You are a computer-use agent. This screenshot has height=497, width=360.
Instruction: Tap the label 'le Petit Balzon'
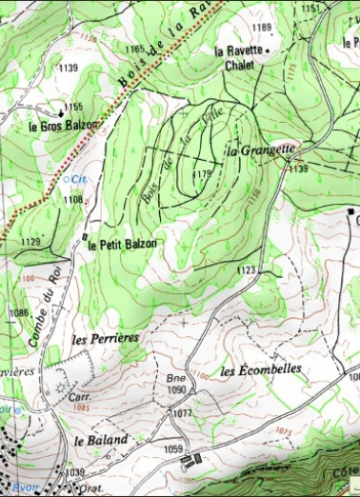122,244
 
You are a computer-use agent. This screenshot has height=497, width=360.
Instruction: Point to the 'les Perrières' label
106,338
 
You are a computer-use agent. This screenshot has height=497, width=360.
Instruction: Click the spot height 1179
200,174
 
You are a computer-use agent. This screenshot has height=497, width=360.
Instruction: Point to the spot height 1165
134,49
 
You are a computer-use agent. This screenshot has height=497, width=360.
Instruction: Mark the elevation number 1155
74,107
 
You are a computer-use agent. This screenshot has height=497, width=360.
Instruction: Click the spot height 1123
247,271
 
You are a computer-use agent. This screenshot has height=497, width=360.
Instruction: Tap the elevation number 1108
73,200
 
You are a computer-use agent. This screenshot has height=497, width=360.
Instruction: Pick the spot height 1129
30,242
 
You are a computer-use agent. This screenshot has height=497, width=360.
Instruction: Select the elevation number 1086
18,312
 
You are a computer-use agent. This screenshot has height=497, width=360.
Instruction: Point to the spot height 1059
173,448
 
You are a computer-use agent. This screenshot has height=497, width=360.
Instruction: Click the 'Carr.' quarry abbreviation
66,396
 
